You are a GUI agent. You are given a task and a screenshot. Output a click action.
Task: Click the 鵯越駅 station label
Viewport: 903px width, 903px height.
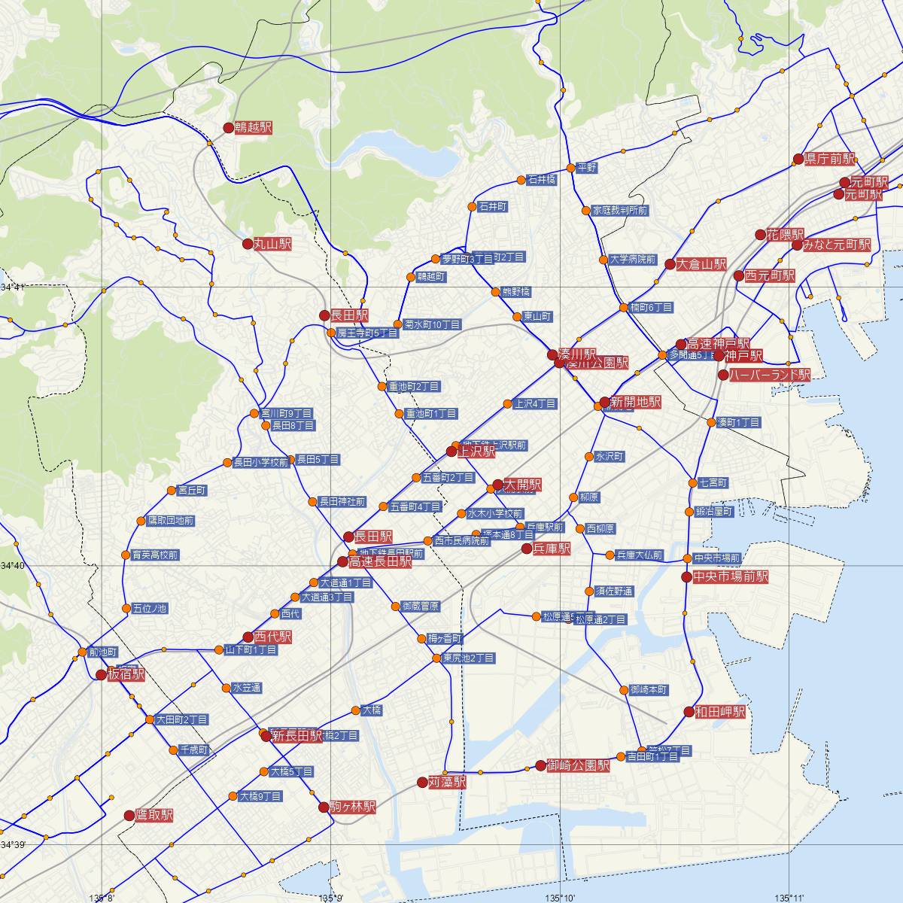click(x=253, y=128)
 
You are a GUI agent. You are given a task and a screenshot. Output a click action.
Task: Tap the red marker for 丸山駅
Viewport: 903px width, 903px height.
click(x=248, y=244)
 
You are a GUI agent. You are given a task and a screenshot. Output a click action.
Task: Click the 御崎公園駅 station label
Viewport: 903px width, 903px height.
click(x=578, y=765)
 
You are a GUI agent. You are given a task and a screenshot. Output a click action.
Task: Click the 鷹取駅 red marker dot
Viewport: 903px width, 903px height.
click(x=129, y=815)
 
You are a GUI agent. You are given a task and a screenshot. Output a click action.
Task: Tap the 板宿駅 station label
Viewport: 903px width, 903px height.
click(x=126, y=674)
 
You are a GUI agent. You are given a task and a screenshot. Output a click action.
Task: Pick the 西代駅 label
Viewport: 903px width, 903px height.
click(x=273, y=637)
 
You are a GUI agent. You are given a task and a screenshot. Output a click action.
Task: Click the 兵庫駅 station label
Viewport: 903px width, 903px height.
click(x=552, y=549)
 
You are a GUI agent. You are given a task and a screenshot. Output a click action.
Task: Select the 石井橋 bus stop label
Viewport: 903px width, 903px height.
click(x=542, y=180)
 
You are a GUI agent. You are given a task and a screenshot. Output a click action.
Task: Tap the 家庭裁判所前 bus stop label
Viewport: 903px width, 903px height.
click(x=619, y=211)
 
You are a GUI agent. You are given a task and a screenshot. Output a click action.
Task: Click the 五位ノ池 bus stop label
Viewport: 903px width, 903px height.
click(x=149, y=608)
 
